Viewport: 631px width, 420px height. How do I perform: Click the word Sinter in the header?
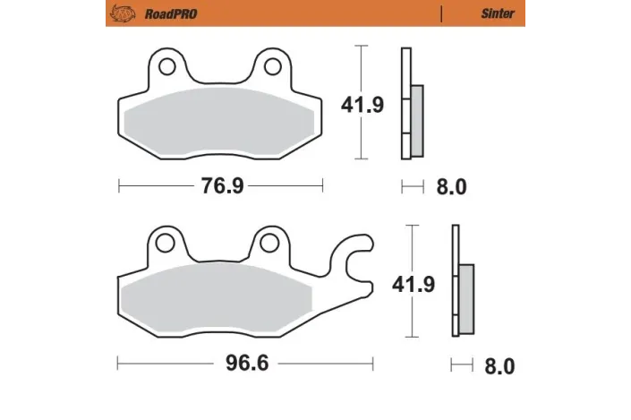pyautogui.click(x=498, y=14)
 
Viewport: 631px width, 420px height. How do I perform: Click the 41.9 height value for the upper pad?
pyautogui.click(x=362, y=106)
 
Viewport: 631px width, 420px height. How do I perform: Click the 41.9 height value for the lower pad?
pyautogui.click(x=414, y=285)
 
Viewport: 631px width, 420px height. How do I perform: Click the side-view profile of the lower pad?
pyautogui.click(x=460, y=283)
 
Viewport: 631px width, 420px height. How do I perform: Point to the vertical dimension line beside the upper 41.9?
pyautogui.click(x=361, y=67)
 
